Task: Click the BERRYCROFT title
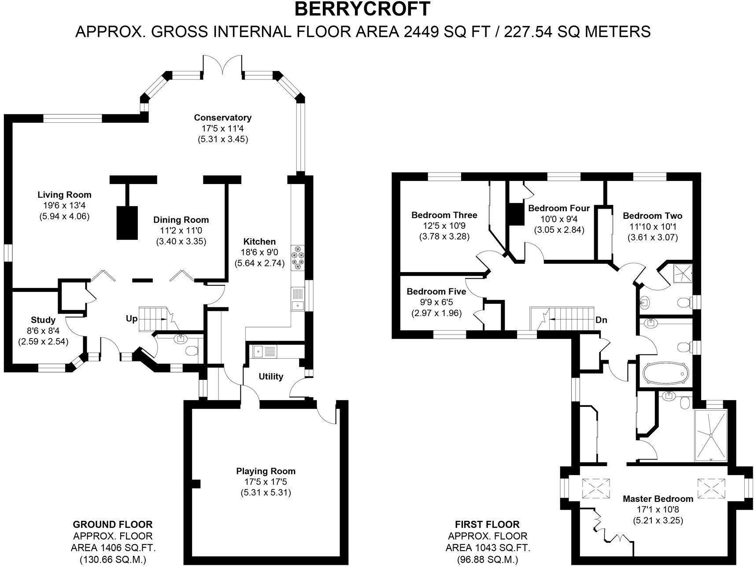(x=362, y=9)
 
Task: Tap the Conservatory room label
(x=223, y=118)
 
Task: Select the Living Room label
(x=64, y=195)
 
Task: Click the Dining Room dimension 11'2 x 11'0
(x=181, y=230)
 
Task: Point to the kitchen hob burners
(x=298, y=257)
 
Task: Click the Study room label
(x=43, y=320)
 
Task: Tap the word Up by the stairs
(x=132, y=319)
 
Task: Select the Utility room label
(x=271, y=376)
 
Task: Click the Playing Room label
(x=266, y=471)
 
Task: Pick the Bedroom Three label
(x=444, y=215)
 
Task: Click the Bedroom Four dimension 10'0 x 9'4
(x=559, y=219)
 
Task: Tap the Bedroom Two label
(x=653, y=216)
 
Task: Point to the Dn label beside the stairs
(x=601, y=320)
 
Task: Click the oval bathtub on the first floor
(x=665, y=373)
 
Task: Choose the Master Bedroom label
(x=658, y=499)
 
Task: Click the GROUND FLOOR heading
(x=113, y=525)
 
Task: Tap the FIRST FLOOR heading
(x=488, y=525)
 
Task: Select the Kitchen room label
(x=259, y=241)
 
